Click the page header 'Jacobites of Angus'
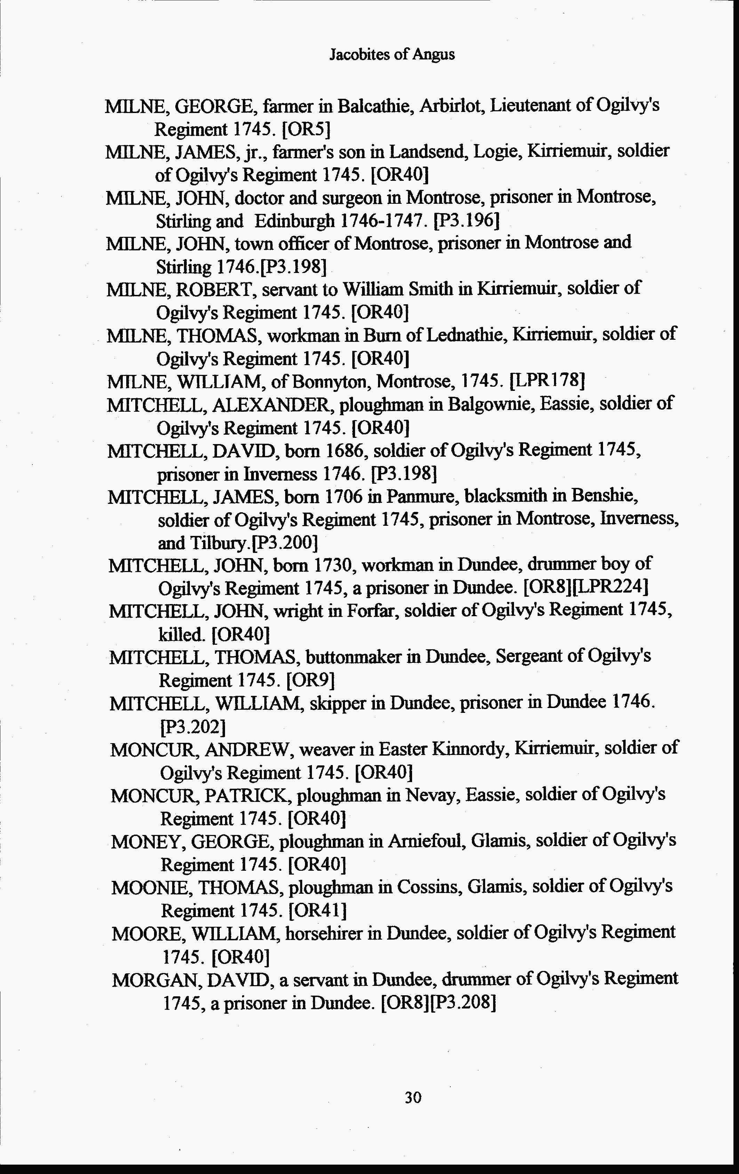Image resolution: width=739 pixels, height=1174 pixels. (x=392, y=55)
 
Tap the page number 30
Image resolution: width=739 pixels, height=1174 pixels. (x=413, y=1097)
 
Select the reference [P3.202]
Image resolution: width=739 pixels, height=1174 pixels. (x=193, y=727)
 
